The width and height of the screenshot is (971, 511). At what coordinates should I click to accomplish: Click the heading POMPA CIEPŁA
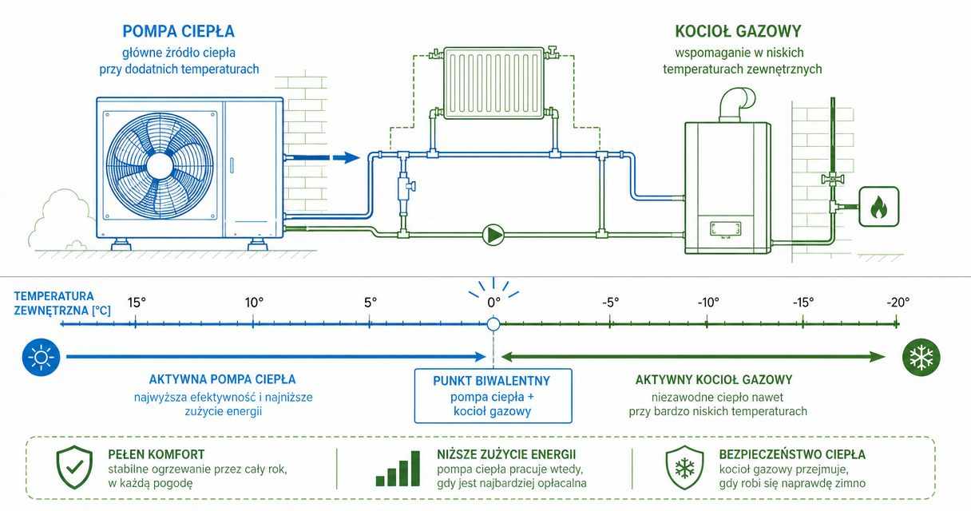(179, 31)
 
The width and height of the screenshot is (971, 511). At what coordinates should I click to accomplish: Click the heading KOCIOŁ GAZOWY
(738, 31)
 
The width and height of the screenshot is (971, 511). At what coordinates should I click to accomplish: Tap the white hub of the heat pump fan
(160, 166)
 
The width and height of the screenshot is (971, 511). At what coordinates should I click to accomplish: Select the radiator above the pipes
(493, 83)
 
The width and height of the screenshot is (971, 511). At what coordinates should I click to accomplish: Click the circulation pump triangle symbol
(493, 235)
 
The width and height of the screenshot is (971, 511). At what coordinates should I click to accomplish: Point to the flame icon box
(878, 206)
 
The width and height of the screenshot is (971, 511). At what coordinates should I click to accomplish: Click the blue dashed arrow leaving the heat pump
(322, 157)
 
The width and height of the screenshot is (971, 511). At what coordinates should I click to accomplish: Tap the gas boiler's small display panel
(725, 229)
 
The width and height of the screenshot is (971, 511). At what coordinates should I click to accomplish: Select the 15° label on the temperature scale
(137, 303)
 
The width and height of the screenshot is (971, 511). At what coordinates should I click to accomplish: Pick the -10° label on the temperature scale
(707, 303)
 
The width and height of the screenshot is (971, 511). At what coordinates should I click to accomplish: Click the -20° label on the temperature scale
(898, 303)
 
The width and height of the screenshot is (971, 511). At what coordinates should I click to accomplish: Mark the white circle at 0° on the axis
(493, 323)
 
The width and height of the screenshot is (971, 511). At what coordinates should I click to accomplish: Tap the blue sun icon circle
(42, 357)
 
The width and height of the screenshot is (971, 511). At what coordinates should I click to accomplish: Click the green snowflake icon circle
(921, 357)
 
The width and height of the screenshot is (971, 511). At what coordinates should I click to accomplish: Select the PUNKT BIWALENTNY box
(493, 396)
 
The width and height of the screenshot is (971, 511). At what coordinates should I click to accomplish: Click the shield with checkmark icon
(74, 467)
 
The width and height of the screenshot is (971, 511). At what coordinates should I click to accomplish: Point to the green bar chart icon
(398, 469)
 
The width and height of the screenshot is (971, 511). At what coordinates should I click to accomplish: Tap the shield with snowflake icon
(684, 467)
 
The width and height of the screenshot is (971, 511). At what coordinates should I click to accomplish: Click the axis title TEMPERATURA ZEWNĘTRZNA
(62, 303)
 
